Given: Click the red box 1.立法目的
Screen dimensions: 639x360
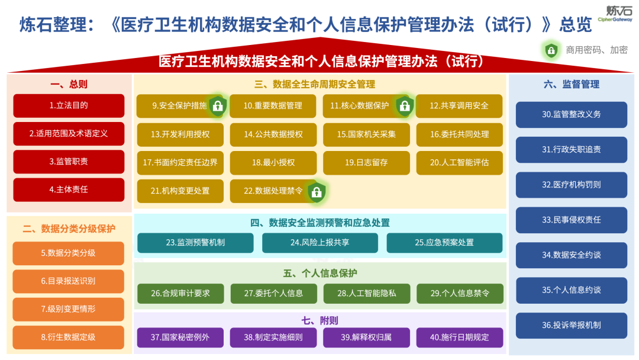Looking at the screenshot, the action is click(69, 105).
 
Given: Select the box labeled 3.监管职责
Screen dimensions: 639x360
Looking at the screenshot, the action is click(69, 162).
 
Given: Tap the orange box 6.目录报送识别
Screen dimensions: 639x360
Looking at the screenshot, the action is click(68, 281).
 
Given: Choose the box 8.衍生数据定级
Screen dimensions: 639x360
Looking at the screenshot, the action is click(68, 337).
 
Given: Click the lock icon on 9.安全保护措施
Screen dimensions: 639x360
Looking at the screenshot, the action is click(218, 105).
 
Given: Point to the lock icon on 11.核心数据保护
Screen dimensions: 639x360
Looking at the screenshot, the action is click(405, 105).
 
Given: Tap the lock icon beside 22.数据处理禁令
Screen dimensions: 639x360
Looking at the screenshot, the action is click(317, 192).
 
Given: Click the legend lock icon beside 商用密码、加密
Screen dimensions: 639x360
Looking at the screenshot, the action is click(551, 50).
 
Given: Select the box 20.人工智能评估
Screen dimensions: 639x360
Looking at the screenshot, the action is click(459, 163).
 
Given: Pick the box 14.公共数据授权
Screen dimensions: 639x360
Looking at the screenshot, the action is click(273, 134).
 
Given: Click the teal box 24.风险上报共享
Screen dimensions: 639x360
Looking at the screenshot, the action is click(320, 243).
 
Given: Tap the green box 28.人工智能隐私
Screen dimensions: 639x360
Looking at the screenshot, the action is click(366, 294).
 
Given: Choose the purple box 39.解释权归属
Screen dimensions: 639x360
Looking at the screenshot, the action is click(366, 337).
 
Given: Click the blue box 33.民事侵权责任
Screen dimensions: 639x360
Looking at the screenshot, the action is click(572, 220).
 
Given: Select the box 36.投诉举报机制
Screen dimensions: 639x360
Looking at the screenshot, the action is click(572, 325).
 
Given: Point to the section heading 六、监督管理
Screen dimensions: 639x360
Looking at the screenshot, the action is click(572, 85).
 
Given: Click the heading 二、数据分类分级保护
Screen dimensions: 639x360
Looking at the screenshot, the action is click(69, 229).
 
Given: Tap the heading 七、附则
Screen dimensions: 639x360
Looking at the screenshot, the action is click(320, 321).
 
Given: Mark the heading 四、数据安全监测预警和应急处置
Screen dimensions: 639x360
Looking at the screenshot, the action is click(320, 223).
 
